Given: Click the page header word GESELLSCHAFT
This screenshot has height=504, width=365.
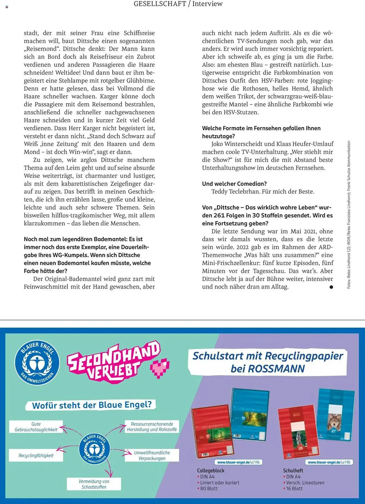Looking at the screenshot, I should [x=160, y=4].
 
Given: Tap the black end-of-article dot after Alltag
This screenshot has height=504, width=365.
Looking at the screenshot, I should [x=331, y=287].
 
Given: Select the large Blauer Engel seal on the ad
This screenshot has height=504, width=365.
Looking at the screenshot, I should [x=37, y=363].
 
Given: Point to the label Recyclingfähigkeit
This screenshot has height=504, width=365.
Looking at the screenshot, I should [x=36, y=455].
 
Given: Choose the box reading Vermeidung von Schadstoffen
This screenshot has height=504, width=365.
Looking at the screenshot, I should [x=94, y=484].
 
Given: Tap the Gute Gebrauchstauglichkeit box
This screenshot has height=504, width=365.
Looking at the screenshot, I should [x=36, y=427].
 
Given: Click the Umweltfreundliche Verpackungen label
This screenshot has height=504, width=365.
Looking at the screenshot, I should [x=152, y=455].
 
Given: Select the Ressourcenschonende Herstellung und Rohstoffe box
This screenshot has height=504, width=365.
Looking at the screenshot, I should [x=152, y=427].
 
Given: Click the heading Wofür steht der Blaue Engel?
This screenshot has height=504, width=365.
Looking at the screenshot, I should [x=92, y=405].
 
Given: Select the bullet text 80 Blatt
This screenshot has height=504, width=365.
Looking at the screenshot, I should [x=209, y=488].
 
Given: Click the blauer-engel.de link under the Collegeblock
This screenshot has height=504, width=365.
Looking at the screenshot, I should [x=238, y=462].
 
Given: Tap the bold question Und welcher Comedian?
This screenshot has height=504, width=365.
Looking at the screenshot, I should [x=234, y=184].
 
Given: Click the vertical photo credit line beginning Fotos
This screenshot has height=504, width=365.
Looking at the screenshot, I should [x=349, y=214].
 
